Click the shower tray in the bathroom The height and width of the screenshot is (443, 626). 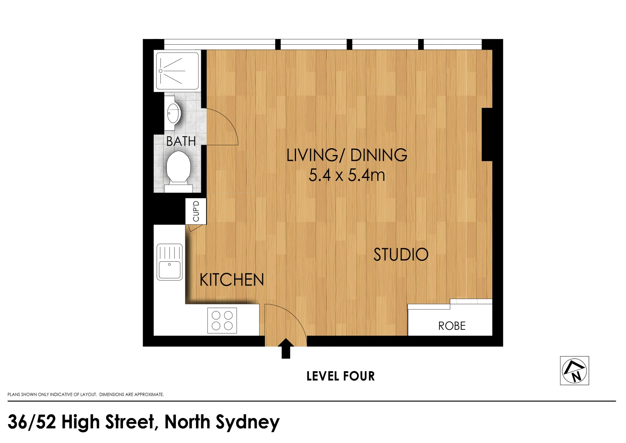pos(178,71)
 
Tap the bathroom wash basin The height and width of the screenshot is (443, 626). pos(173,113)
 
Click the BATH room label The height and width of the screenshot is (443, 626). pos(181,141)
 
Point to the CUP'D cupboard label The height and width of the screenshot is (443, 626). pos(196,211)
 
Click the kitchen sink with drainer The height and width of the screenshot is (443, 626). pos(169,262)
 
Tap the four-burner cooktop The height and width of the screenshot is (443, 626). pos(222,320)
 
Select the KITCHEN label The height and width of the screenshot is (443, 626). pos(232,280)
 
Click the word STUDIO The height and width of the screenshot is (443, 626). pos(401,255)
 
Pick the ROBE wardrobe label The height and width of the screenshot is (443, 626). pos(452,326)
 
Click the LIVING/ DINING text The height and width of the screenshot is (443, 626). pos(346,155)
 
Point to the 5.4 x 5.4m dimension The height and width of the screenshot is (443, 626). pos(346,176)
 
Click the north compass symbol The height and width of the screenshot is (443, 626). pos(574,370)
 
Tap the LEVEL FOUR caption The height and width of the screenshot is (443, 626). pos(340,376)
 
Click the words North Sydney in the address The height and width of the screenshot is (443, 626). pos(222,422)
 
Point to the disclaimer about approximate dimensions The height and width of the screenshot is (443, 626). pos(85,395)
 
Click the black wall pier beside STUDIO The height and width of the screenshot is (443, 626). pos(487,135)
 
